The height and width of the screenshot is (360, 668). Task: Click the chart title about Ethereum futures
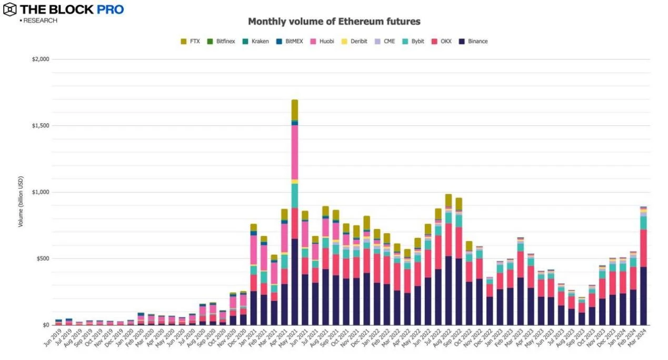click(x=334, y=22)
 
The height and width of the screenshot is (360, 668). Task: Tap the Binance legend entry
click(x=473, y=41)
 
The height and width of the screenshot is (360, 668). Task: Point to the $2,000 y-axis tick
click(x=41, y=59)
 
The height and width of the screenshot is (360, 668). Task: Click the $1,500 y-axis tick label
click(x=41, y=126)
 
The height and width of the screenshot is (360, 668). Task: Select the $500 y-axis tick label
click(x=42, y=258)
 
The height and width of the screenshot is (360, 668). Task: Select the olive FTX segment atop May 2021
click(x=295, y=109)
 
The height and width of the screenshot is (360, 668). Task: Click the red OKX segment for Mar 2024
click(x=643, y=248)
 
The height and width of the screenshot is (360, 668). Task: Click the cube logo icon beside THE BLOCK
click(x=9, y=9)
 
